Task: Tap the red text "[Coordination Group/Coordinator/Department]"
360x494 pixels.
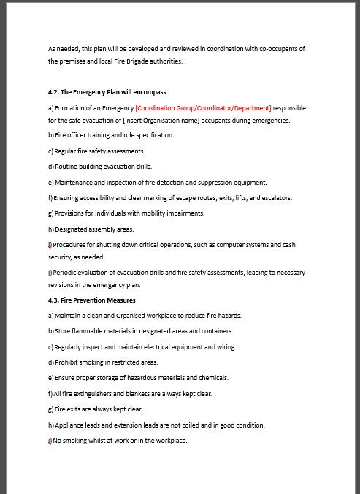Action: pos(203,108)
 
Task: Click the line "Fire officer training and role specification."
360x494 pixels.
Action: pos(114,135)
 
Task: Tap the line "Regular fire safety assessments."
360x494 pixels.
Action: pos(99,151)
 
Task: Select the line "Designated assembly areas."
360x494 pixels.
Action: pos(94,229)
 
